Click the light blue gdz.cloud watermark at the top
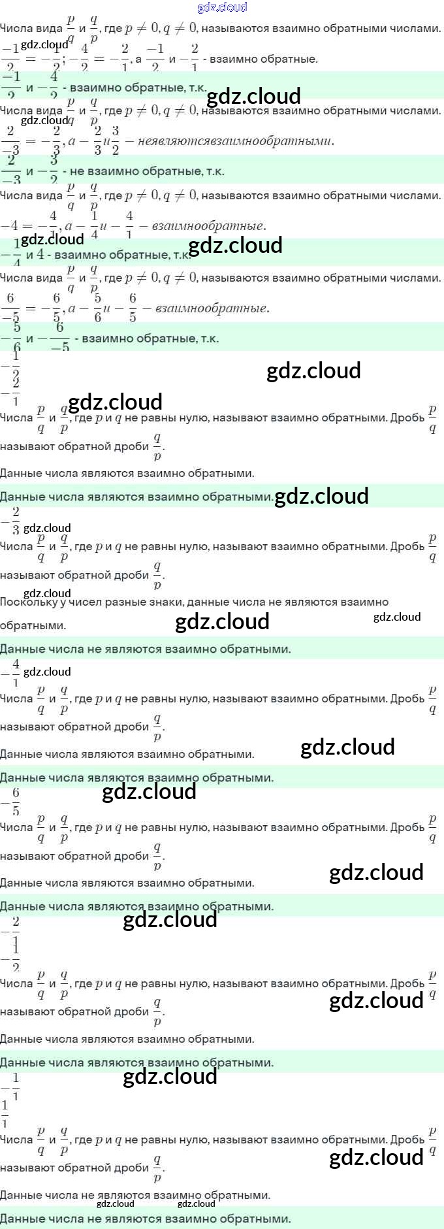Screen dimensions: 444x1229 (222, 7)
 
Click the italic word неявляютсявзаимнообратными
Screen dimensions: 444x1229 (236, 140)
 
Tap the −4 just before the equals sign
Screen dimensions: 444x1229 (9, 226)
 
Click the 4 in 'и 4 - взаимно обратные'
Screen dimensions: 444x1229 (40, 254)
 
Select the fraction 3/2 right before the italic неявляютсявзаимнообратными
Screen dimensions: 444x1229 (115, 140)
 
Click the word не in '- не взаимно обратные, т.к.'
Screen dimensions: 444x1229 (77, 171)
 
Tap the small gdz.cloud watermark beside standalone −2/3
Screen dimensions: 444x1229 (47, 528)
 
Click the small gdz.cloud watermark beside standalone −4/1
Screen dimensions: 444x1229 (47, 672)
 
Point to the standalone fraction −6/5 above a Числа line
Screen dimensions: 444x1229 (12, 801)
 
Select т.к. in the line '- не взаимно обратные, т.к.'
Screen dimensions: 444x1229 (215, 171)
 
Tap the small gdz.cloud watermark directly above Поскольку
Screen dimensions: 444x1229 (47, 593)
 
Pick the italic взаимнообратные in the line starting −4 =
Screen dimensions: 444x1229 (208, 226)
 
